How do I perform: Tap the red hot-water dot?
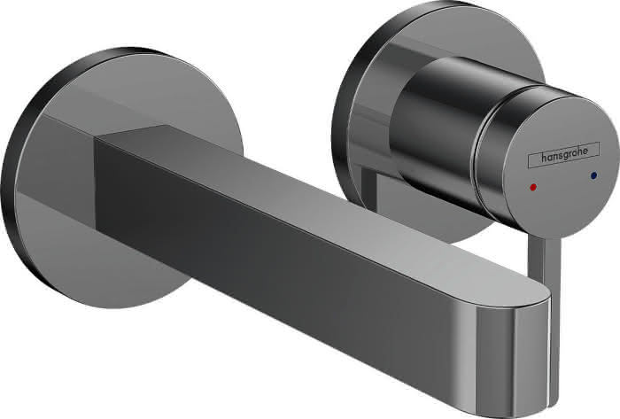click(533, 187)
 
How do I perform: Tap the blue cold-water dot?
click(593, 175)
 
